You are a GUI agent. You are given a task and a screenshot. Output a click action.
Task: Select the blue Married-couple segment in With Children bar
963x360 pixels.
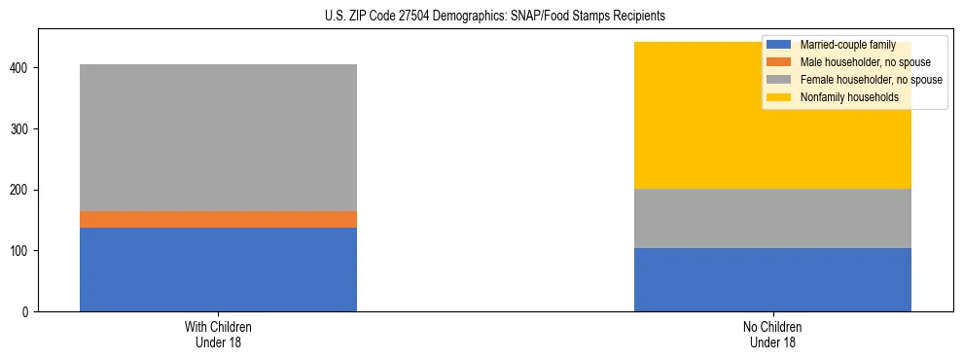pos(218,270)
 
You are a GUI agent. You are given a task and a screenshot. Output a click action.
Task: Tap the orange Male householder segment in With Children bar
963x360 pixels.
pos(218,219)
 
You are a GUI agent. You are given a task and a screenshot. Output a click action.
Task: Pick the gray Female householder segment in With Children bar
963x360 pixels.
pos(218,137)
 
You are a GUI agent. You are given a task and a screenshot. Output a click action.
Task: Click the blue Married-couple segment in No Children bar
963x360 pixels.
pos(772,279)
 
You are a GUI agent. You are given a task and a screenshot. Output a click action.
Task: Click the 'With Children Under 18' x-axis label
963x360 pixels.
pos(218,334)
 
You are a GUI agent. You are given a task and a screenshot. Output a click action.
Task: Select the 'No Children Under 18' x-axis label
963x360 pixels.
pos(772,334)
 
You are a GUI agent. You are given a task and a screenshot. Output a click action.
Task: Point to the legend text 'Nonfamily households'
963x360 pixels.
pos(842,97)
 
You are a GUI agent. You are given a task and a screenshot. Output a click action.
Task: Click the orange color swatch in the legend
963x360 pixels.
pos(779,62)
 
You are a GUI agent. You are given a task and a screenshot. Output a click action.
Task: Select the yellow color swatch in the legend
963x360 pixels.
pos(779,97)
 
